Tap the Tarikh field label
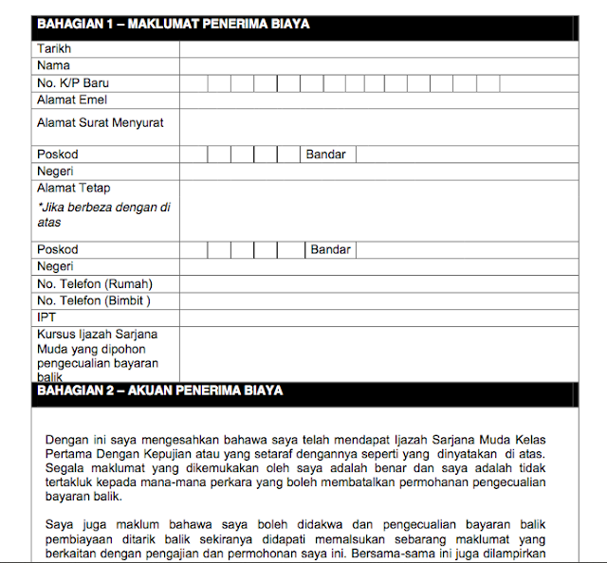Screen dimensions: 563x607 point(54,48)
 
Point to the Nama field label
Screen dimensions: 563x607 point(53,65)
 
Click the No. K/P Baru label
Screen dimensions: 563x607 point(73,83)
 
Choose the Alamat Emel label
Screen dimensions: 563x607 point(71,100)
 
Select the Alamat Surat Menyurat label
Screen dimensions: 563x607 point(100,123)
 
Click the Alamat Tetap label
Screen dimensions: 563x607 point(73,189)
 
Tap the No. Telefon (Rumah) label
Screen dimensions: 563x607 point(94,284)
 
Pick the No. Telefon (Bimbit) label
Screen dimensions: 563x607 point(94,301)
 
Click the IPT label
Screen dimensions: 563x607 point(46,318)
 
